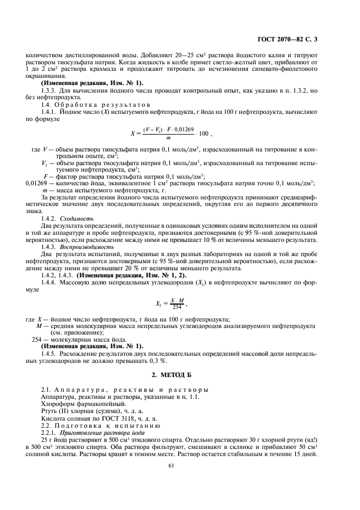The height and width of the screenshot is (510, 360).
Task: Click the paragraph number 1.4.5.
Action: tap(50, 353)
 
